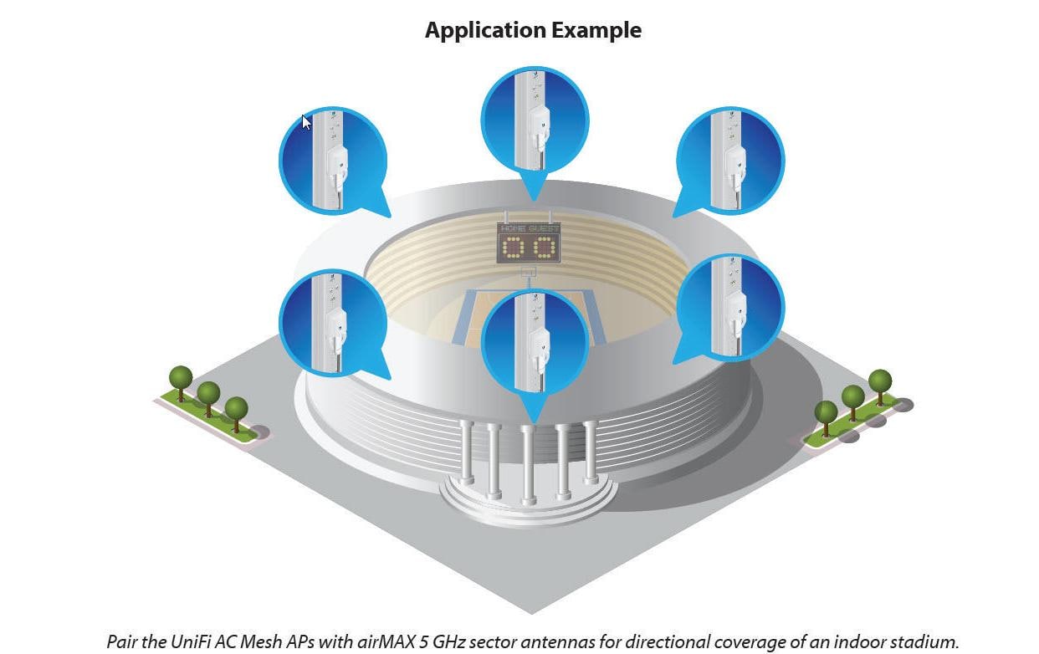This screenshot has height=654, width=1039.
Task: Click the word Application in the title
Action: pyautogui.click(x=485, y=31)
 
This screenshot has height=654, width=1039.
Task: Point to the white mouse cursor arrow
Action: pyautogui.click(x=306, y=123)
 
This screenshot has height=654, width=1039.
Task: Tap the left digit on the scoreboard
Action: pyautogui.click(x=513, y=248)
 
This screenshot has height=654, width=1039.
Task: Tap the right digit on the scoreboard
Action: pyautogui.click(x=544, y=248)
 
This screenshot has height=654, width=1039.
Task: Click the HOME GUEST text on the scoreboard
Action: pyautogui.click(x=530, y=229)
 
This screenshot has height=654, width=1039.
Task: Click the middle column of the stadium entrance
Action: pyautogui.click(x=528, y=465)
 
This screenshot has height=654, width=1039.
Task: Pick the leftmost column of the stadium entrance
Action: pyautogui.click(x=466, y=452)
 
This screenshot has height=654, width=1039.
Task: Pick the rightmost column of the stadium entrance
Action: pyautogui.click(x=590, y=452)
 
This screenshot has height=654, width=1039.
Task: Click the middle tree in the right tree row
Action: pyautogui.click(x=853, y=402)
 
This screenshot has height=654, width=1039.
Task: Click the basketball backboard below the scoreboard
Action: pyautogui.click(x=529, y=272)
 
